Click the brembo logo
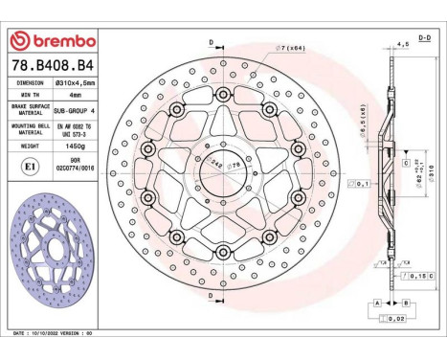point(52,41)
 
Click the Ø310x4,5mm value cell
point(73,82)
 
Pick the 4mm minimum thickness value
point(73,96)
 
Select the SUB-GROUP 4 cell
point(73,111)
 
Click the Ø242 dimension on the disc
point(216,165)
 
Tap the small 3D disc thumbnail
point(51,255)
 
